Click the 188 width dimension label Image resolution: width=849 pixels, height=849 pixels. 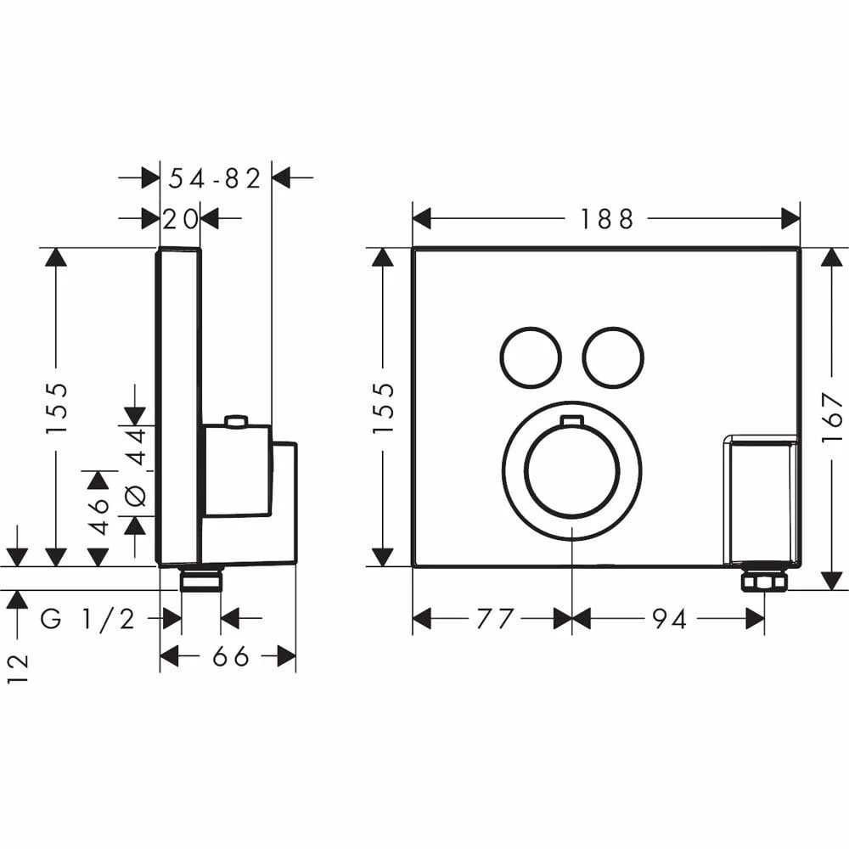(606, 219)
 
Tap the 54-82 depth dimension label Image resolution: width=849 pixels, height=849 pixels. (215, 178)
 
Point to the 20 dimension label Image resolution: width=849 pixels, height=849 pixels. (180, 219)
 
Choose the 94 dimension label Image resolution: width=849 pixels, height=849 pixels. (669, 619)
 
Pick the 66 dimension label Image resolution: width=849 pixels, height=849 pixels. (228, 656)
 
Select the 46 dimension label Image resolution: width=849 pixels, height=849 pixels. (99, 515)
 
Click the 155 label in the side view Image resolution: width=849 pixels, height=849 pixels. (57, 408)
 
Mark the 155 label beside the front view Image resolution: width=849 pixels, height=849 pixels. (384, 408)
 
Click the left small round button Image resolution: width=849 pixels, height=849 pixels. (531, 357)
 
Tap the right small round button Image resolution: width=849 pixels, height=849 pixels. (613, 357)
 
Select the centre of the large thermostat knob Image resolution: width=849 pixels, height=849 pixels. (572, 471)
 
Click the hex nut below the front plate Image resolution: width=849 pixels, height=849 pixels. (764, 580)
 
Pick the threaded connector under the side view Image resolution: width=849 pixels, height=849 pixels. (201, 580)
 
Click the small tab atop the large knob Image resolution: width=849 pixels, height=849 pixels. (572, 420)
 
